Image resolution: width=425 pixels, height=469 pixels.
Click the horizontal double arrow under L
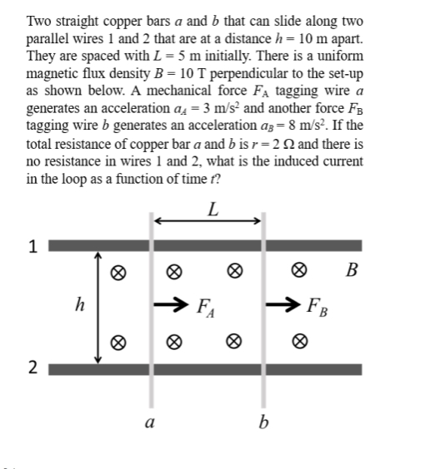pyautogui.click(x=208, y=222)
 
